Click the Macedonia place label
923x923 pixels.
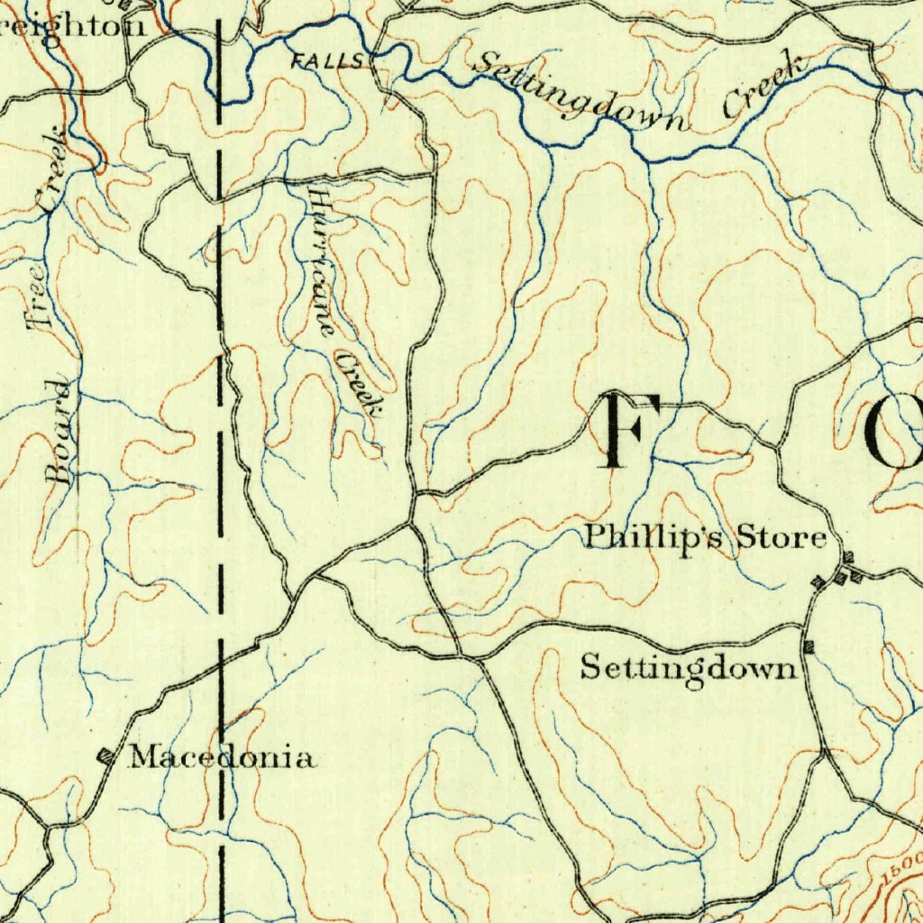[223, 757]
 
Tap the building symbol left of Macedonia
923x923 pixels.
[106, 757]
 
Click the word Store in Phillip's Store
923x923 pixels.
[781, 538]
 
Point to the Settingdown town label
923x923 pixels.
[689, 669]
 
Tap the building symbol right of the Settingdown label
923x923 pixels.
[809, 646]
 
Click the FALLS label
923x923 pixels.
[329, 61]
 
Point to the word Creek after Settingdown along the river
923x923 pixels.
[762, 87]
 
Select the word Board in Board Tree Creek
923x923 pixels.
[60, 431]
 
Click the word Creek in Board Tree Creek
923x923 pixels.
[53, 171]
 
